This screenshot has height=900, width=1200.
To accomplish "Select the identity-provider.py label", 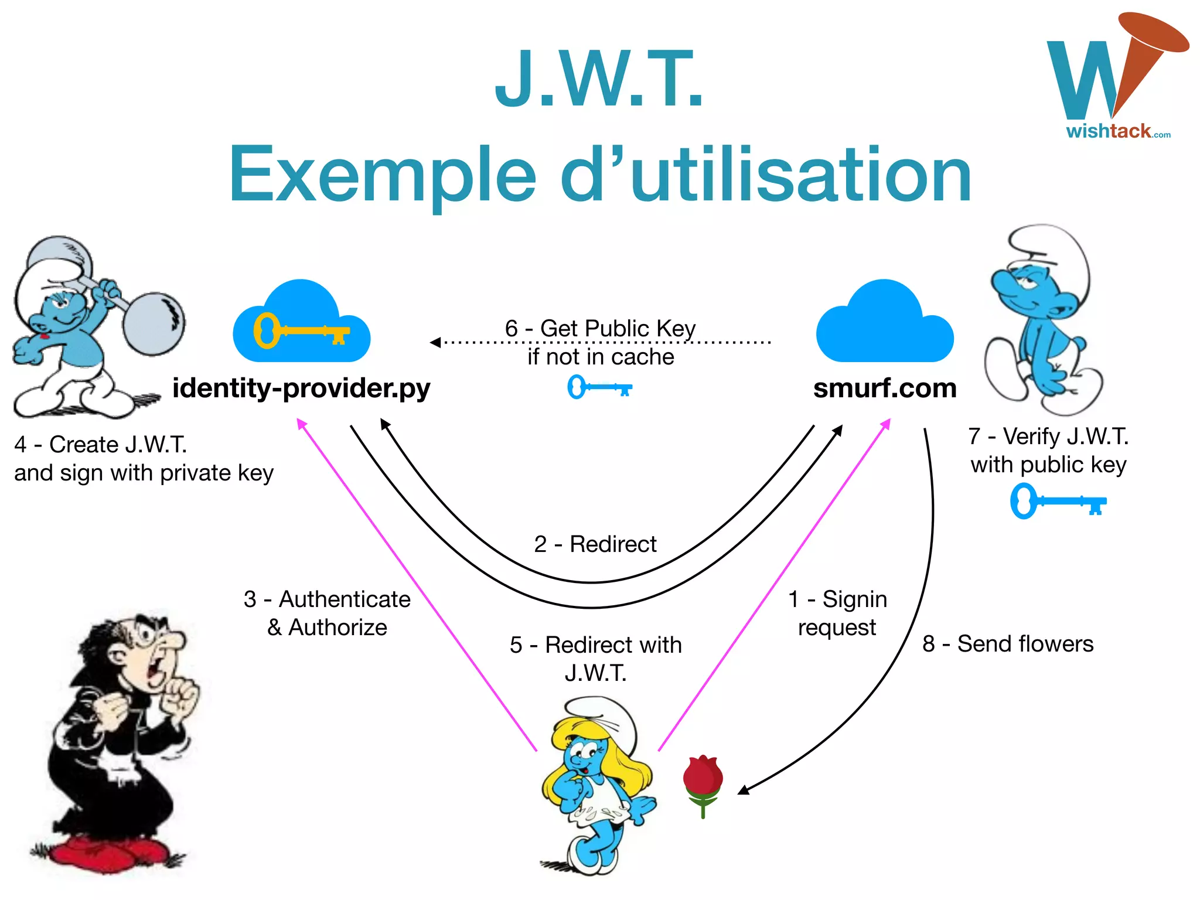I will tap(301, 388).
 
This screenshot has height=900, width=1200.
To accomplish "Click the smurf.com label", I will tap(885, 388).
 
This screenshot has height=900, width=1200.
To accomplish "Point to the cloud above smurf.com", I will tap(885, 325).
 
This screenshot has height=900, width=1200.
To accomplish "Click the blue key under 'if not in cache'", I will tap(599, 387).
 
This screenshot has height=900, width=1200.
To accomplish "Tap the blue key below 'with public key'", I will tap(1058, 501).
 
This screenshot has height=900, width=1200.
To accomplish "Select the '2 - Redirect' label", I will tap(595, 544).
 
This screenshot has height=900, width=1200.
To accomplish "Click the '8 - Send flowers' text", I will tap(1008, 644).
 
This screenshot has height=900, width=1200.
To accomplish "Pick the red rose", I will tap(703, 782).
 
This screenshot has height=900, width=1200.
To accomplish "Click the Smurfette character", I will tap(598, 785).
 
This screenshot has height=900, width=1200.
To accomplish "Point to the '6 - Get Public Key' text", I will tap(600, 329).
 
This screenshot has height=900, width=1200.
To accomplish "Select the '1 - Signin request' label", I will tap(837, 613).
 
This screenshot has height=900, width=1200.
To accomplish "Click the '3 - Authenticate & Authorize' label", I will tap(327, 613).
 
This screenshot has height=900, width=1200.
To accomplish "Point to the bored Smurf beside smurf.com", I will tap(1040, 322).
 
